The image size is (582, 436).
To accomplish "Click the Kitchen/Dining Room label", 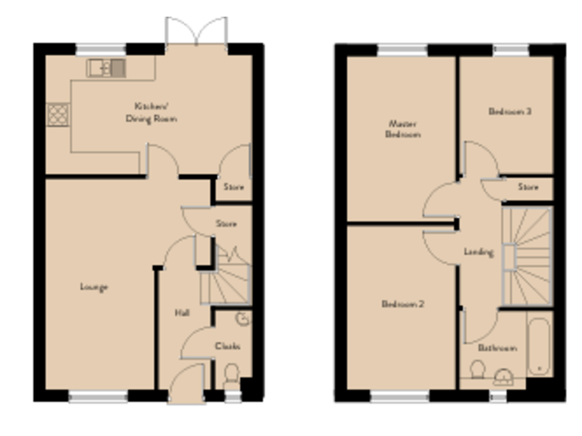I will coord(155,113).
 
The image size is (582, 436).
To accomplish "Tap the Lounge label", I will coord(94,287).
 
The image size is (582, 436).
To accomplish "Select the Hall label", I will coord(182,313).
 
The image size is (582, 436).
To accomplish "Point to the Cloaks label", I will coord(228,346).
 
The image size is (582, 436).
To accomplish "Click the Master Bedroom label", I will coord(404,129).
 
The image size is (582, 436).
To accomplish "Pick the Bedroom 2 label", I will coord(402,304).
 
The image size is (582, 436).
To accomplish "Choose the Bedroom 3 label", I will coord(509,111).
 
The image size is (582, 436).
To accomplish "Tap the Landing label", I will coord(479,251).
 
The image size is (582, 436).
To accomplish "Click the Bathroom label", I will coord(497,348).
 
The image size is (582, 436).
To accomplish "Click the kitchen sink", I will coord(106,68).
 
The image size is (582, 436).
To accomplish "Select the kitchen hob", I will coord(58,114).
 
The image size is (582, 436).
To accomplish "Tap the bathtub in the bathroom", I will coord(539,345).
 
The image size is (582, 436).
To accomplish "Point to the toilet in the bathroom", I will coord(477,372).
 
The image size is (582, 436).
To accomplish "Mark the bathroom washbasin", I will coord(502,377).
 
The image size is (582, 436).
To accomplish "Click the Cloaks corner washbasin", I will coord(242,319).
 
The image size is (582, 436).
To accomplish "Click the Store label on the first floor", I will coord(528,187).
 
